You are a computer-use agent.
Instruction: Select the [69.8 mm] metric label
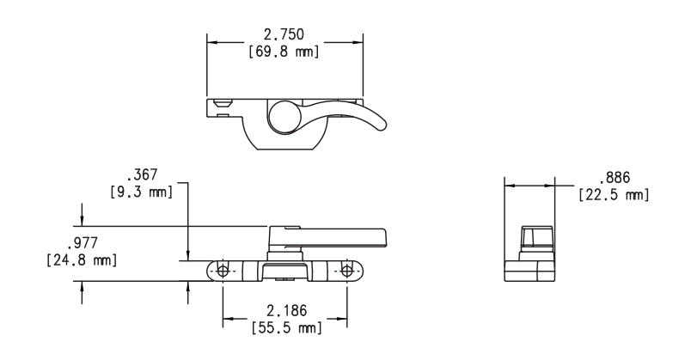pos(284,52)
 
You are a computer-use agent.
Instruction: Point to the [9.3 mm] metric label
pos(143,192)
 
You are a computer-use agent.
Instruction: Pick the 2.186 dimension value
pos(284,311)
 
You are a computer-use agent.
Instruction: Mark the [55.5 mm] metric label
pos(284,328)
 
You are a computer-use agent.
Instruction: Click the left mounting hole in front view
pos(223,271)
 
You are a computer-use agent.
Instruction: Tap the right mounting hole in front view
pos(346,271)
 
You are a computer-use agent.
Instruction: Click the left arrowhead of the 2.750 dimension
pos(211,41)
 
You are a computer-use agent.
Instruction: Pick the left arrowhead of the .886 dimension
pos(508,184)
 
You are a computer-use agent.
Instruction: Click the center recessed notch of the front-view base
pos(284,273)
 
